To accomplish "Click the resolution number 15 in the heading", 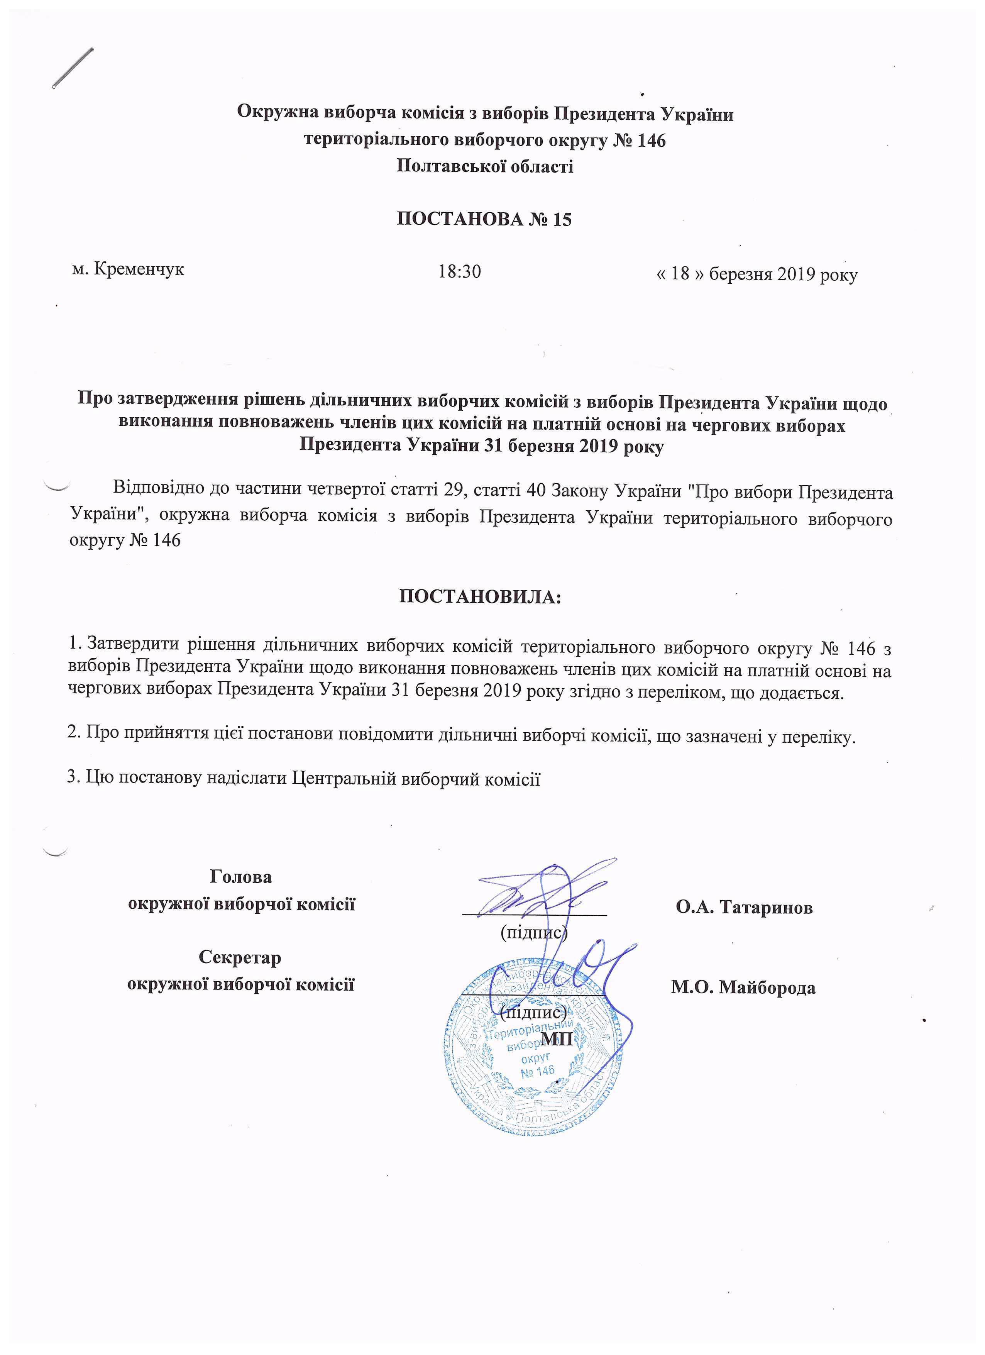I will [562, 220].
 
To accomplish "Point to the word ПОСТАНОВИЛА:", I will [480, 597].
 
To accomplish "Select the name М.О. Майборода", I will [743, 987].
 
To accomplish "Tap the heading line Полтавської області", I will [484, 166].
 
